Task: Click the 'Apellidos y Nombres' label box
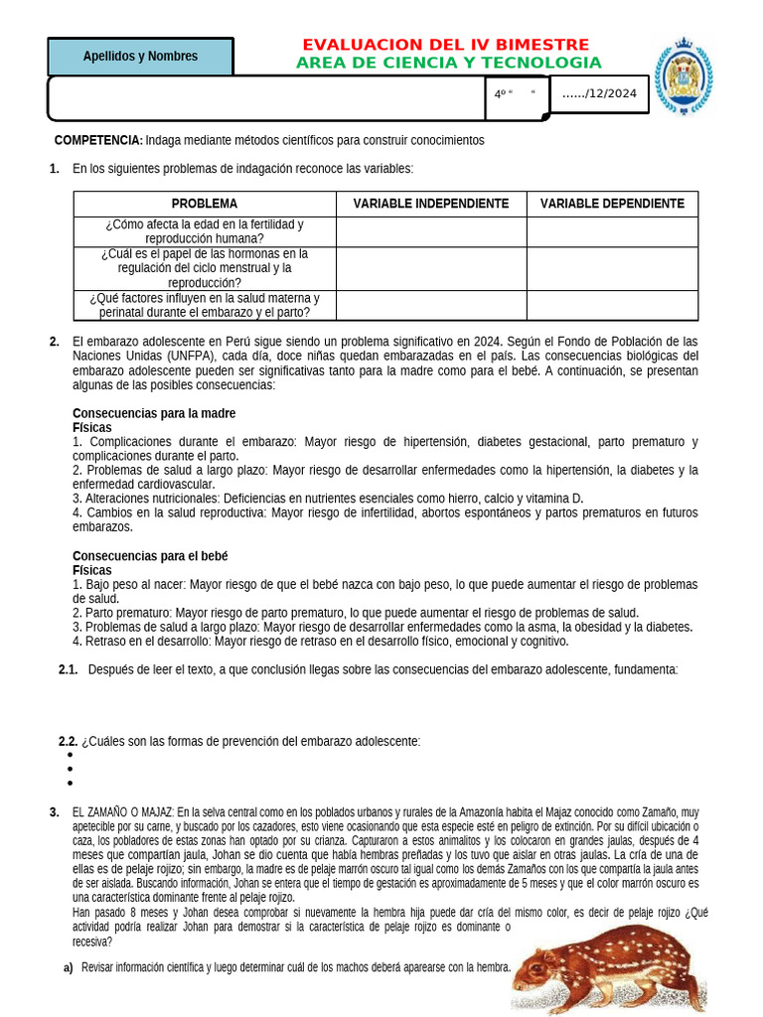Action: (140, 57)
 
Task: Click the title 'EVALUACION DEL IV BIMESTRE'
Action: (445, 45)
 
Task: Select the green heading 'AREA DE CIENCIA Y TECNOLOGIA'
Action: (448, 64)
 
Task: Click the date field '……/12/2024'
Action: (599, 94)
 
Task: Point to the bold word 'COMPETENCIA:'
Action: (98, 141)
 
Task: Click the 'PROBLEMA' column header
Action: (205, 204)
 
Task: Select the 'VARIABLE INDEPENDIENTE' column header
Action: (431, 204)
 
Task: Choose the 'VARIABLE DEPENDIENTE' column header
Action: (612, 204)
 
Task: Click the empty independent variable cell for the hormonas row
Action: (431, 268)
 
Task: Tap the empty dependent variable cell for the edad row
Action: (612, 231)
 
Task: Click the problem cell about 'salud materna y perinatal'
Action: (205, 305)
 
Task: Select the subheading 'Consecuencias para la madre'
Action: (154, 413)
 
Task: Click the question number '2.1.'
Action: (69, 669)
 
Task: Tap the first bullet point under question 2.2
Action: (70, 755)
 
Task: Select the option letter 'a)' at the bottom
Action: (68, 967)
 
